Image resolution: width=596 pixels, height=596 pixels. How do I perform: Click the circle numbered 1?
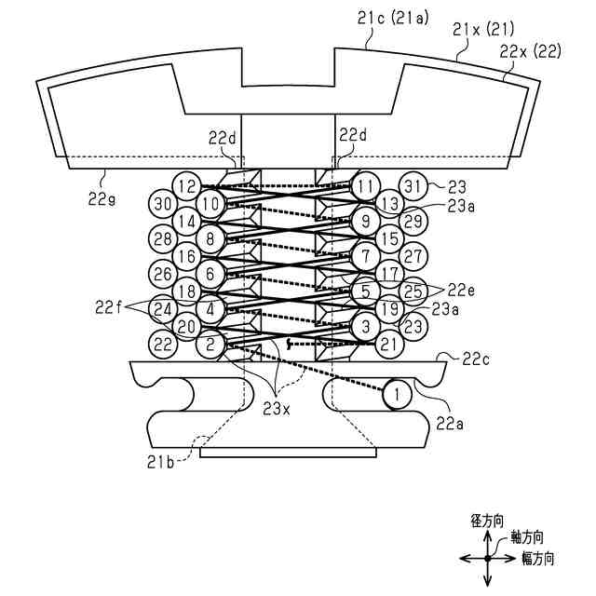[397, 395]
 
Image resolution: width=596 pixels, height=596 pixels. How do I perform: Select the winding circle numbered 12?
[187, 186]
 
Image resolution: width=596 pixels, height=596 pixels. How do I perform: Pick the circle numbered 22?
[164, 345]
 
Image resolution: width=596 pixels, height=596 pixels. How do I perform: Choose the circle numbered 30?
[164, 203]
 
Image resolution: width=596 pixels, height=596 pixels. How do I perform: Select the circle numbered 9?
[365, 222]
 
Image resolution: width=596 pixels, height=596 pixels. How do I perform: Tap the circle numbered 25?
[413, 291]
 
